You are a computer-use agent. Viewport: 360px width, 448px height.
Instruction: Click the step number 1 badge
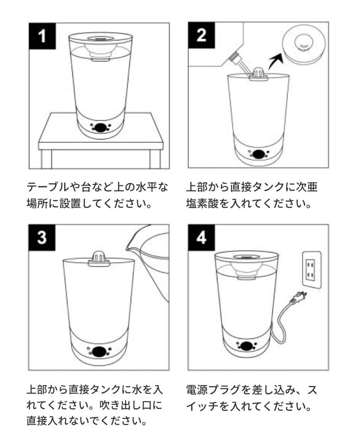pyautogui.click(x=42, y=36)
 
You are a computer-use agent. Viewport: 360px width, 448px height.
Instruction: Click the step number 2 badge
pyautogui.click(x=201, y=35)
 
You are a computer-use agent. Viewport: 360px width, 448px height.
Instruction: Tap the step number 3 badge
pyautogui.click(x=42, y=238)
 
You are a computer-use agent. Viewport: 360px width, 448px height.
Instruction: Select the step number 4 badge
pyautogui.click(x=201, y=238)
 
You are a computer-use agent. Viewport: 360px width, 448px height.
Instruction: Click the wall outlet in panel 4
pyautogui.click(x=312, y=269)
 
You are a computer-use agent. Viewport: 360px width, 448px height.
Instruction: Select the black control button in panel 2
pyautogui.click(x=258, y=154)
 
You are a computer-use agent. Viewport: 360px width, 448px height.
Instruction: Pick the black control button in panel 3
pyautogui.click(x=99, y=351)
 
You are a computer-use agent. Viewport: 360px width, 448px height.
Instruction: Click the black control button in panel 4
pyautogui.click(x=246, y=346)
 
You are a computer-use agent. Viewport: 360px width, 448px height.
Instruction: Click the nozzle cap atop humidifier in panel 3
pyautogui.click(x=99, y=258)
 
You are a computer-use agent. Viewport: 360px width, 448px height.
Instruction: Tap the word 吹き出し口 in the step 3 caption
pyautogui.click(x=127, y=405)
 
